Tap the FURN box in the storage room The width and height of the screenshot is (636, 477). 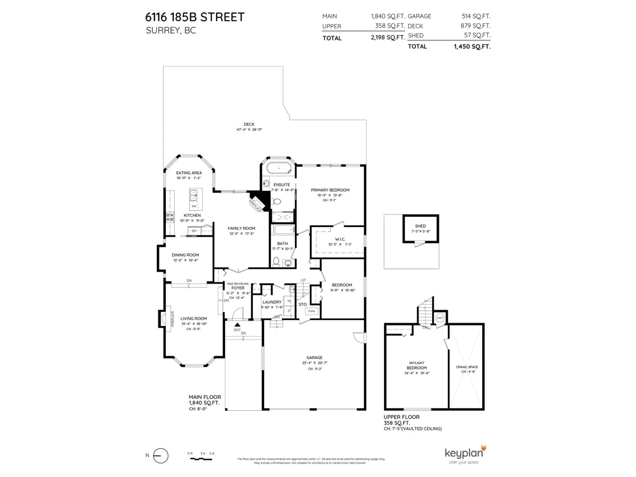311,311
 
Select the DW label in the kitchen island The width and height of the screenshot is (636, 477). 194,206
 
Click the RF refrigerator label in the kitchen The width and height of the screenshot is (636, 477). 194,231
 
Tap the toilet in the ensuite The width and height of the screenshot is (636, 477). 277,201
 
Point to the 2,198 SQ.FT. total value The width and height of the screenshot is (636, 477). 388,38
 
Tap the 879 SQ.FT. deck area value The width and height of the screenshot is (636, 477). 475,26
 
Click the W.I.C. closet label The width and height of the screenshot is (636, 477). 340,239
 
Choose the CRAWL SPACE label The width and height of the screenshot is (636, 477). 467,367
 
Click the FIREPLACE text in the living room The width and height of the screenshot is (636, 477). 173,318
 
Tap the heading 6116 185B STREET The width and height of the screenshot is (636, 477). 195,17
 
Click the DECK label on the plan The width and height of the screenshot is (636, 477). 249,124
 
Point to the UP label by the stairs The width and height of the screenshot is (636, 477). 303,280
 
